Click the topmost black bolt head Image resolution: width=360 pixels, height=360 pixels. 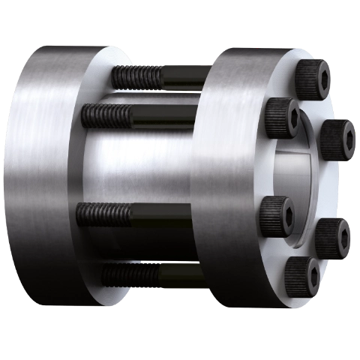coord(313,78)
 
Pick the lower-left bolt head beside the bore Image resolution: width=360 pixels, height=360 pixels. coord(275,214)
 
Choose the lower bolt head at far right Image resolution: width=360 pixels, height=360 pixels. coord(333,236)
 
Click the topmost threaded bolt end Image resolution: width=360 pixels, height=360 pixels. coord(137,76)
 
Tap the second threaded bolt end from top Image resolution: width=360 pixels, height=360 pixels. coord(106,115)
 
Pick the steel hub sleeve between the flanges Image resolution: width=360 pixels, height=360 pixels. coord(142,169)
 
